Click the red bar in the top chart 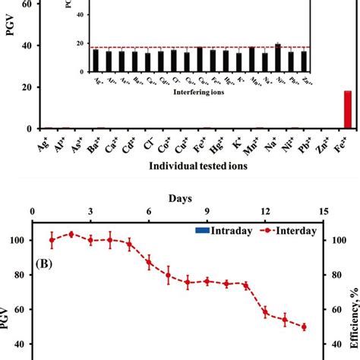point(348,110)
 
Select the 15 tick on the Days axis point(324,211)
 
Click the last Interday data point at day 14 point(304,327)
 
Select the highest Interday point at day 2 point(71,234)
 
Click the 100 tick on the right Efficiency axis point(338,240)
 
